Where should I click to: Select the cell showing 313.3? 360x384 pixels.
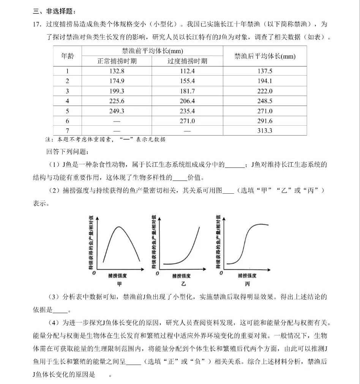(265, 131)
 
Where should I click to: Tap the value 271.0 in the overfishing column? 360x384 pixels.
(187, 121)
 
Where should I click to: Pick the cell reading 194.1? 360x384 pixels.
(265, 81)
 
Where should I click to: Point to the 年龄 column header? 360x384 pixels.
(68, 56)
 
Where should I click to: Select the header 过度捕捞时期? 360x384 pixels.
(188, 61)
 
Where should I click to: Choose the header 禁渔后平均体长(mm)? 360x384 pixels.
(265, 56)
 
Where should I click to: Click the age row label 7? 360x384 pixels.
(68, 131)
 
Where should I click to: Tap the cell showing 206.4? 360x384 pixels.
(187, 101)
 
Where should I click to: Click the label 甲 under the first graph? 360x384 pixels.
(120, 284)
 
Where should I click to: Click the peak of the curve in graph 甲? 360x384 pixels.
(119, 227)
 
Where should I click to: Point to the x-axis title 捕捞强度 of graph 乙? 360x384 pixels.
(181, 276)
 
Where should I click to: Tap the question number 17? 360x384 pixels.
(37, 24)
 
